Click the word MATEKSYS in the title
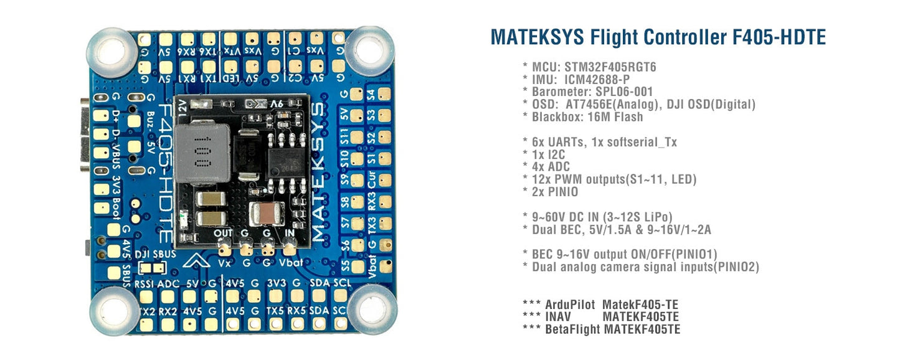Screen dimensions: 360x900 (x=538, y=37)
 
